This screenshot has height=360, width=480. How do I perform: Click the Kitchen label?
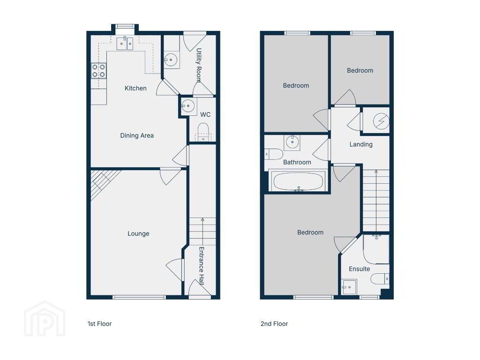[135, 88]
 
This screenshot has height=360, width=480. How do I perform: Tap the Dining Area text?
[137, 135]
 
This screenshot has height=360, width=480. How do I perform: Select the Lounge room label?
[138, 233]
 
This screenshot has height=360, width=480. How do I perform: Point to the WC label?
[205, 114]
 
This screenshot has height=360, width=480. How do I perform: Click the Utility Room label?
[199, 65]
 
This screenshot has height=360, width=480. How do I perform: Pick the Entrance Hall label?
[202, 266]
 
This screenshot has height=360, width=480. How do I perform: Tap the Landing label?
[361, 144]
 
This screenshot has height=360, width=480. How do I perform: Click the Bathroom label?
[297, 162]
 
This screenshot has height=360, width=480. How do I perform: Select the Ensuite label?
[360, 269]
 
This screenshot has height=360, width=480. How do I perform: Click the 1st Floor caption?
[99, 323]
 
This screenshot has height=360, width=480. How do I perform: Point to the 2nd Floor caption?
[274, 323]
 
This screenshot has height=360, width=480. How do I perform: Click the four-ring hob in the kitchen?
[98, 71]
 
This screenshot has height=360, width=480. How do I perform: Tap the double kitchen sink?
[125, 44]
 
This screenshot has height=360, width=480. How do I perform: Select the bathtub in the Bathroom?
[298, 181]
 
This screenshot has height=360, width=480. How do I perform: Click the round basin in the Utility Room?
[171, 60]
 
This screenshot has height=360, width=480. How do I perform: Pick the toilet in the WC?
[203, 132]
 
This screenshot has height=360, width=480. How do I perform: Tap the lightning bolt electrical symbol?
[381, 121]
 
